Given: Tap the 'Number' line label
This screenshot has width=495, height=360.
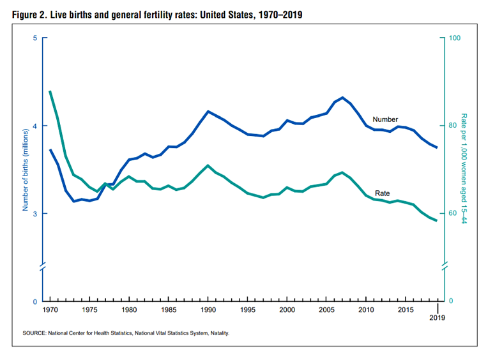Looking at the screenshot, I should pos(385,119).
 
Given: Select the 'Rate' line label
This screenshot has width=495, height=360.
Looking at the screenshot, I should pos(383,193).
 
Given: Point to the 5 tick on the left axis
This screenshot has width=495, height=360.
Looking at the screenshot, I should pos(34,38).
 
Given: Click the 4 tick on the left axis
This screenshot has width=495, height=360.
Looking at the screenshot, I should pos(34,126).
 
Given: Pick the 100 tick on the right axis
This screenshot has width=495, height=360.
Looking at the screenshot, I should pos(455,38).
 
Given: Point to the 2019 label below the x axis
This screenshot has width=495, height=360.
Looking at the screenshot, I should pos(438,317).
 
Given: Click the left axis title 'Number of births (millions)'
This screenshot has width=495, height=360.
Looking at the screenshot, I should pos(26,170).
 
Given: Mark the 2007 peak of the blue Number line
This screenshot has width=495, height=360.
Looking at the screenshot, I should pos(343,98).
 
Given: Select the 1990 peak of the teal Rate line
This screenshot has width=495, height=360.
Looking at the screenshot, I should pos(208,165).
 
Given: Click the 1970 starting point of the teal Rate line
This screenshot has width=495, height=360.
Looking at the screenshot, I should pos(50,91).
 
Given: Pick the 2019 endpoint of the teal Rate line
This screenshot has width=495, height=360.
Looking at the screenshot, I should pos(438,221).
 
